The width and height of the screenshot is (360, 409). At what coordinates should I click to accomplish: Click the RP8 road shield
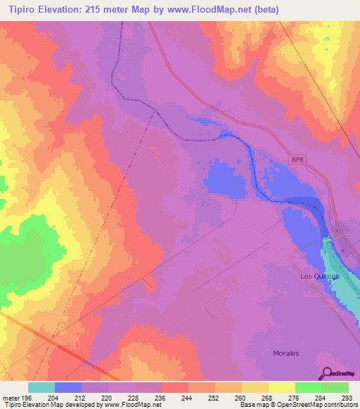pos(299,160)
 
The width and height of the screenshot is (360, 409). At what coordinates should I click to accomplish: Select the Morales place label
pos(286,353)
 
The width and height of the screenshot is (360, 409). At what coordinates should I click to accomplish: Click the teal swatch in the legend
pos(41,387)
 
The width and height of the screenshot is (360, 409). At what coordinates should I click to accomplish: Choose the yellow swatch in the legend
pos(282,387)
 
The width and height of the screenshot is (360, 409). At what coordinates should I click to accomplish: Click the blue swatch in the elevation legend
pos(68,387)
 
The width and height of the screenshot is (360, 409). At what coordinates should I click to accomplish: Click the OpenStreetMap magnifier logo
pos(326,374)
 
